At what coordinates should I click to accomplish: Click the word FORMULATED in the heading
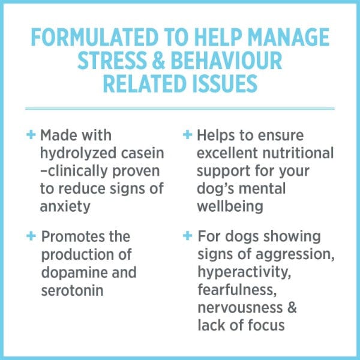pos(95,37)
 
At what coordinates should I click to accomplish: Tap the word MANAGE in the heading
pos(289,37)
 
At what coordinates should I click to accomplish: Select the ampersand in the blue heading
pos(158,61)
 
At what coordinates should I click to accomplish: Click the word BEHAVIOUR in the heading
pos(226,61)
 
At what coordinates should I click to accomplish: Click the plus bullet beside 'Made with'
pos(31,135)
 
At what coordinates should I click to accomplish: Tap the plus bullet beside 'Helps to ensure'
pos(187,135)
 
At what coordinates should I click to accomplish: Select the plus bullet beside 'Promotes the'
pos(31,236)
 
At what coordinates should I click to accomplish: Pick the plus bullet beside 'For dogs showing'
pos(187,236)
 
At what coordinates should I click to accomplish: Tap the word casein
pos(142,154)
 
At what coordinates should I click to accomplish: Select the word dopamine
pos(74,272)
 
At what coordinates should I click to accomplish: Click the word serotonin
pos(73,290)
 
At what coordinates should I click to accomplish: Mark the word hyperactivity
pos(245,273)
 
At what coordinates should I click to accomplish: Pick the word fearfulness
pos(237,290)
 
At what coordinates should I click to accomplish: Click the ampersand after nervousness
pos(292,307)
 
